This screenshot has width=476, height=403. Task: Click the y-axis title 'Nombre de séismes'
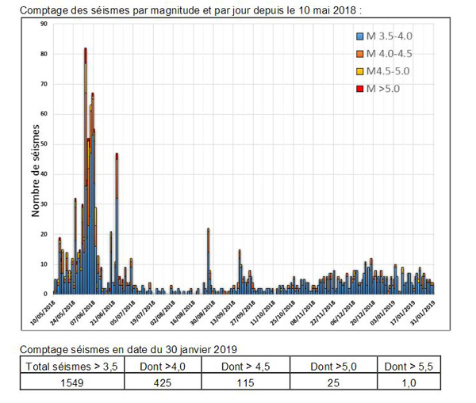[x=36, y=169]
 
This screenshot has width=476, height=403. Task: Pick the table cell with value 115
[x=245, y=381]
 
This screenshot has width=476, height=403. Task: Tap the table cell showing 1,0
[x=408, y=381]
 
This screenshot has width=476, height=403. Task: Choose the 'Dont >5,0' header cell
[x=332, y=365]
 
